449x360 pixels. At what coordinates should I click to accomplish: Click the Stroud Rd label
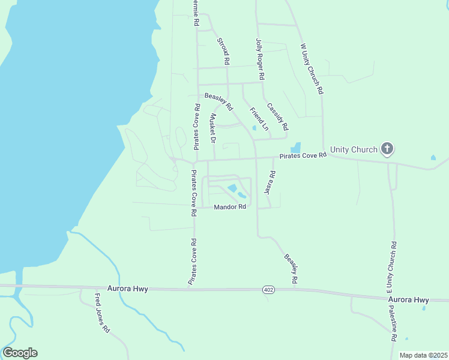223,51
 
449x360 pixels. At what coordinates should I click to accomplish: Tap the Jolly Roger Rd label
260,60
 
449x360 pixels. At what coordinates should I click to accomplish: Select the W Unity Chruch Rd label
312,68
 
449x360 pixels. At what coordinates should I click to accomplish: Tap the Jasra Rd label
270,182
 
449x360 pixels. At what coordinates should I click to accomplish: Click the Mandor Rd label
231,207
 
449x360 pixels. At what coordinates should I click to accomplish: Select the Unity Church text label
354,149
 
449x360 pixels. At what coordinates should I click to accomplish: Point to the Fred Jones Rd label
102,313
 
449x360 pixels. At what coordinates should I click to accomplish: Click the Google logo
20,353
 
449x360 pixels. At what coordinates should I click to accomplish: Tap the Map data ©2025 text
423,355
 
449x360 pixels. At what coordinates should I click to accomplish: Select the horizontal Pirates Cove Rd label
303,156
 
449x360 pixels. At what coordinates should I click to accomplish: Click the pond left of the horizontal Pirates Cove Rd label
295,148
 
